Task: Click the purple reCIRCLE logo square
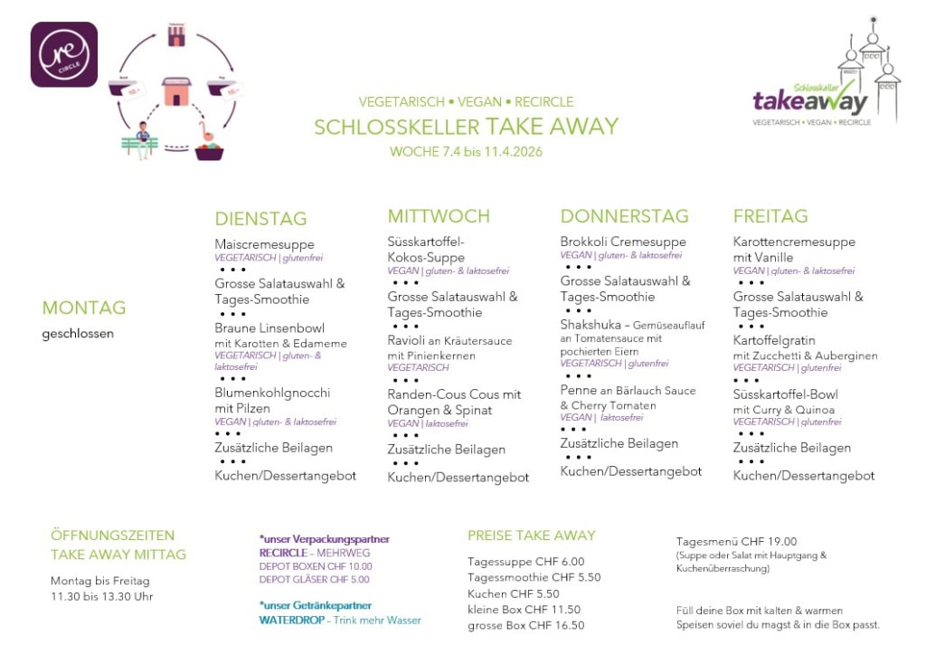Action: (64, 54)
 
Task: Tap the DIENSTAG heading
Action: (260, 219)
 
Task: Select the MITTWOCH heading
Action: (439, 216)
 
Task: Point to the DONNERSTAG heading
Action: (624, 216)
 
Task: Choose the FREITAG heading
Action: (770, 216)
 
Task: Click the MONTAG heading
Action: (84, 308)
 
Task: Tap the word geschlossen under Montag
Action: (78, 333)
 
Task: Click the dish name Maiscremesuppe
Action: (264, 244)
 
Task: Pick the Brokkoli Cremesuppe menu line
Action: (623, 242)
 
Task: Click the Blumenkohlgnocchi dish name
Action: (272, 393)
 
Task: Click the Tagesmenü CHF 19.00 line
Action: (736, 541)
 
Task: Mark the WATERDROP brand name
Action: (291, 620)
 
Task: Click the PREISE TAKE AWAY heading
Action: (532, 535)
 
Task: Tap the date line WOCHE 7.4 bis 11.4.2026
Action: (466, 151)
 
